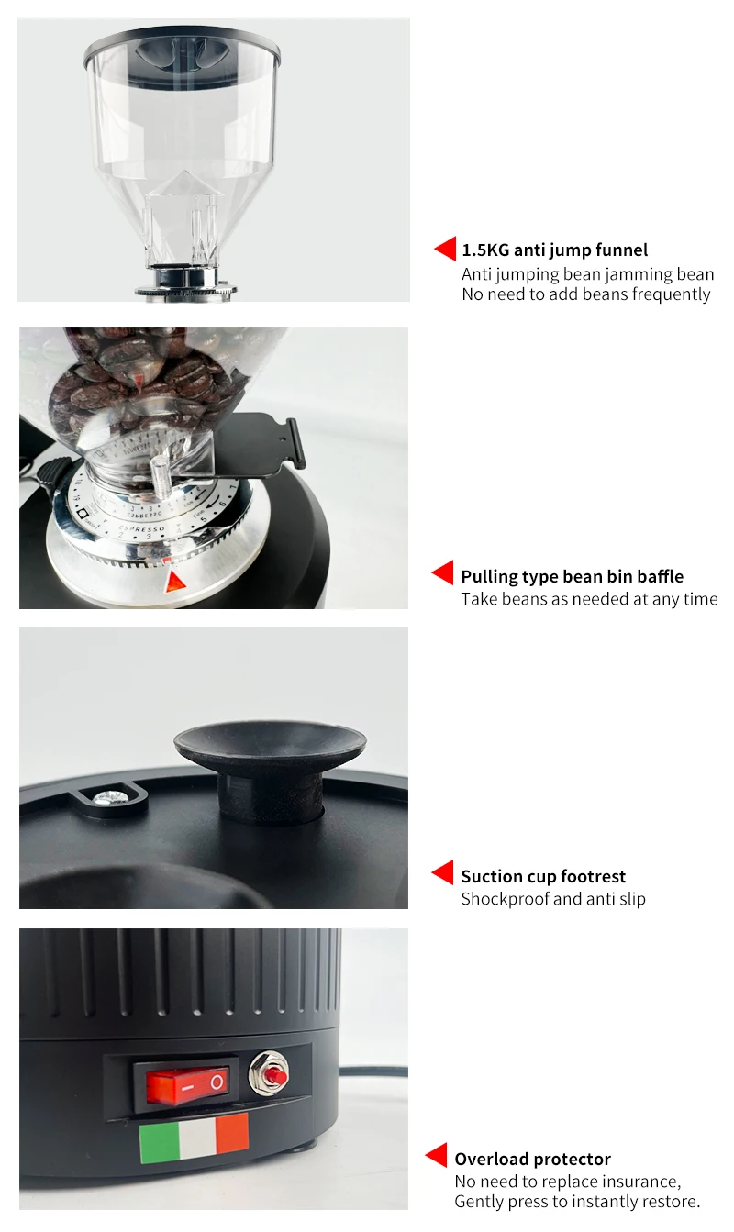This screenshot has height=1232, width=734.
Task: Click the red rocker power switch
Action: pos(186,1084)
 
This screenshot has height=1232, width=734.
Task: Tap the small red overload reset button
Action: pos(272,1071)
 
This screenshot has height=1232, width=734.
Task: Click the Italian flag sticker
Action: pos(194,1138)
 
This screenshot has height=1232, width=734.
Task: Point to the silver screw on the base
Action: pos(108,798)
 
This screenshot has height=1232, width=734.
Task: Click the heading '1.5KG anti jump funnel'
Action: pos(554,250)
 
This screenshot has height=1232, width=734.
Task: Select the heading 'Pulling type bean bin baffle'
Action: pos(572,576)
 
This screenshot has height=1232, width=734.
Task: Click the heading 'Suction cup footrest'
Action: pos(543,876)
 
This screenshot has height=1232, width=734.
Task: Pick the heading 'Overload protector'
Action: pos(532,1159)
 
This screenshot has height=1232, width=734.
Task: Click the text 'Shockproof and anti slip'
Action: pos(552,899)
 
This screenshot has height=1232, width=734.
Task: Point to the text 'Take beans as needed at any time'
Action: pos(589,599)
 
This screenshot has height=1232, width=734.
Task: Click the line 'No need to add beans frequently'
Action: pos(585,294)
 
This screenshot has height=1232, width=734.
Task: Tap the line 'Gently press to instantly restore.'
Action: pos(577,1202)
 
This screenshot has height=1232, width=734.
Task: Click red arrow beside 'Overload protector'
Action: pos(437,1156)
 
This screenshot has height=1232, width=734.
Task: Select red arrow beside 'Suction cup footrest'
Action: pos(443,872)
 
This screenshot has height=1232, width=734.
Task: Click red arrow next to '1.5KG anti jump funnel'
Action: pos(446,249)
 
